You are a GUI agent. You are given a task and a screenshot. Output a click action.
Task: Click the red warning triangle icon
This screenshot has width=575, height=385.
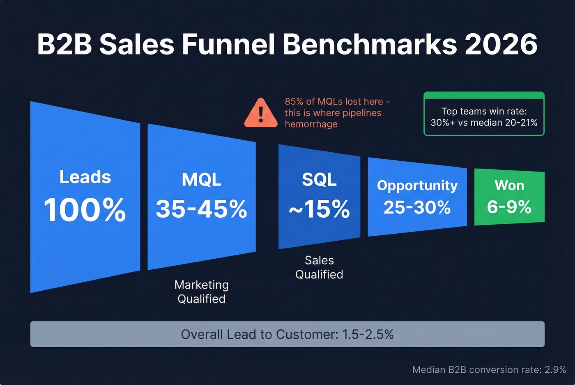(260, 114)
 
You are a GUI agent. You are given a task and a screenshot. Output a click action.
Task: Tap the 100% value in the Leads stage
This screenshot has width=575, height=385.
(85, 210)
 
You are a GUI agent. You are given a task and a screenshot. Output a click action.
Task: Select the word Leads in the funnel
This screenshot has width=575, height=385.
(85, 177)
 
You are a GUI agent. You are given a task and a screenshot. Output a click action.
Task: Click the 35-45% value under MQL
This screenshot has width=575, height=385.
(201, 209)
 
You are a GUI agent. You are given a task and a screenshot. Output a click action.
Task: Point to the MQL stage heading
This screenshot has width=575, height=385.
(201, 180)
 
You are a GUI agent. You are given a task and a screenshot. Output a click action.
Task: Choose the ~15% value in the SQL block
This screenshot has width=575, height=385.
(319, 209)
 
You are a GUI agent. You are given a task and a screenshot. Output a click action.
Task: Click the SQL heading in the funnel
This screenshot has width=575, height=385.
(319, 180)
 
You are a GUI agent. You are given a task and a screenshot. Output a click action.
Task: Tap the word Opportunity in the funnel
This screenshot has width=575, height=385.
(417, 185)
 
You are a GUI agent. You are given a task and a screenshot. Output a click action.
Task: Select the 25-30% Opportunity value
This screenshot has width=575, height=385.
(417, 207)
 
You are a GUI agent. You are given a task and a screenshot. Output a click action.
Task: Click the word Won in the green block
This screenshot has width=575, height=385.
(509, 185)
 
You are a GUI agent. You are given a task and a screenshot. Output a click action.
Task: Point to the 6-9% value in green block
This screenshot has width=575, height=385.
(509, 207)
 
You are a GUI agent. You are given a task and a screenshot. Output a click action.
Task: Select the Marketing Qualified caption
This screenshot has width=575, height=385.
(201, 292)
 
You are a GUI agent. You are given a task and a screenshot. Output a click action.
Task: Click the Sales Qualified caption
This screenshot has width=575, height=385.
(319, 267)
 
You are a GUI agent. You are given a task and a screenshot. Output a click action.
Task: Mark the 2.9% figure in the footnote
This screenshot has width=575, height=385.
(555, 370)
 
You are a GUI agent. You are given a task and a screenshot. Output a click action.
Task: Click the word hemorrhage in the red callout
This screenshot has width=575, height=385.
(311, 124)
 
